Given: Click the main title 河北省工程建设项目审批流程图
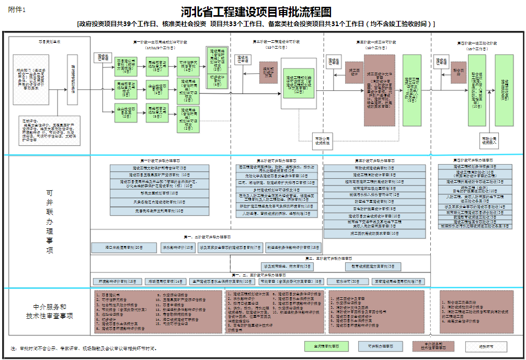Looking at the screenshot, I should tap(256, 11).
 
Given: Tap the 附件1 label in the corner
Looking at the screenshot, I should tap(17, 10).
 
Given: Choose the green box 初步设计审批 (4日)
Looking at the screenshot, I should tap(218, 79).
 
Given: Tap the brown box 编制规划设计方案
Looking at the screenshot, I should tap(268, 73).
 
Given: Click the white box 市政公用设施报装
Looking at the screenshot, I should tap(322, 141).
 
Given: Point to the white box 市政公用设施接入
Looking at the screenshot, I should tap(489, 140).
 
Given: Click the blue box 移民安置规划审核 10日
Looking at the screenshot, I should tap(159, 193).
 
